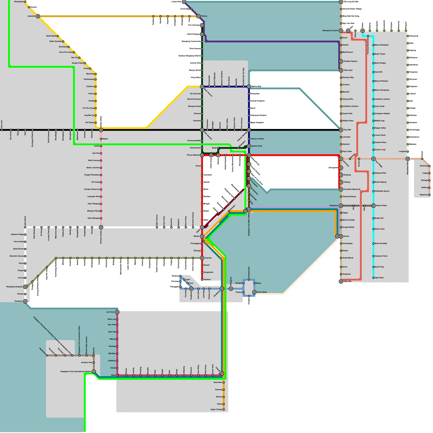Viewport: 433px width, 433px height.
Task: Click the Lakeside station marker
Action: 38,16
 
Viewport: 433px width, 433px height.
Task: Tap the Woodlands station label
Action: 19,2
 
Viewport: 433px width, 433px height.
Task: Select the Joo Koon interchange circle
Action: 117,312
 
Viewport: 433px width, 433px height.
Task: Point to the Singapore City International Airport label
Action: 76,372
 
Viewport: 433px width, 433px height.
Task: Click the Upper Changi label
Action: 216,409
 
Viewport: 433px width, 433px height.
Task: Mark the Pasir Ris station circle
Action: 341,281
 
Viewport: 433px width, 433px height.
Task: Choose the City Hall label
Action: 347,130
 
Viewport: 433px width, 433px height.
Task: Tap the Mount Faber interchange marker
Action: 373,206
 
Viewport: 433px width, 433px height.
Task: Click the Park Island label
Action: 262,292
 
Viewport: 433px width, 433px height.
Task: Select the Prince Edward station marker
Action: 202,155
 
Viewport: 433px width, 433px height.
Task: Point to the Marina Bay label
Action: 256,87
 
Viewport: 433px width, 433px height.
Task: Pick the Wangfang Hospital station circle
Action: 25,287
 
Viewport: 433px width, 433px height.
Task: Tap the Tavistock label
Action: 18,301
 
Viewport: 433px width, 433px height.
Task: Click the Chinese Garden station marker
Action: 101,227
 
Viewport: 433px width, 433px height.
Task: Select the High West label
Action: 379,278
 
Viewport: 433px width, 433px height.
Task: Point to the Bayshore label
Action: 424,195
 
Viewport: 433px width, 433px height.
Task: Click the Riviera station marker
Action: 198,16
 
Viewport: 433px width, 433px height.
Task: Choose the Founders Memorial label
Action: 352,189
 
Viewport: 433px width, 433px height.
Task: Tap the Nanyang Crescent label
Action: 330,31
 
